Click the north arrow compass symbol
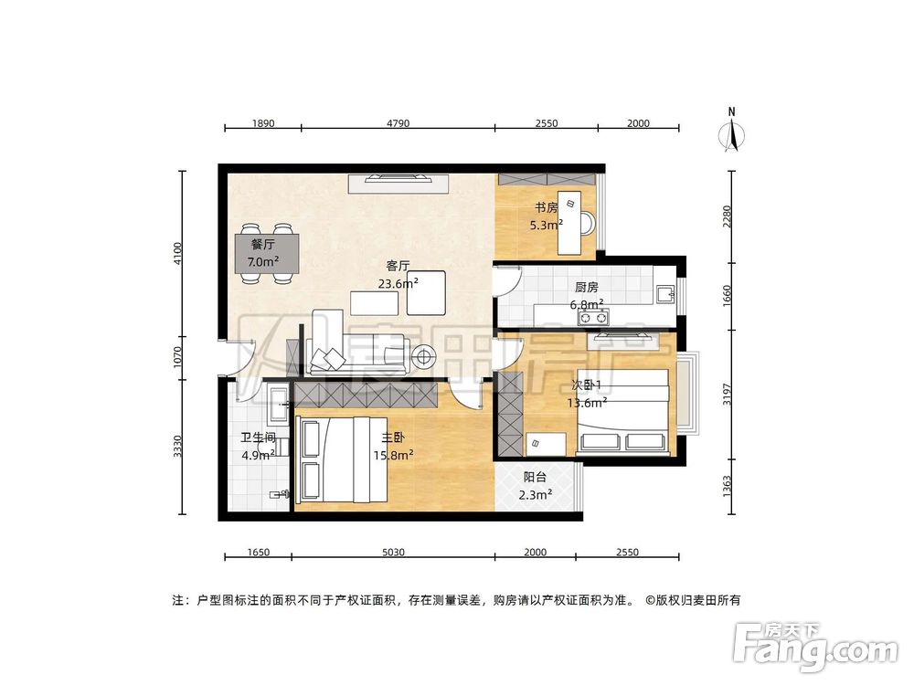tap(731, 130)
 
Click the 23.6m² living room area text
tap(398, 283)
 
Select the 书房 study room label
tap(547, 206)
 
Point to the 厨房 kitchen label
tap(587, 287)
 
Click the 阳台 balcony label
tap(536, 477)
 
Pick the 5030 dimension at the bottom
tap(393, 552)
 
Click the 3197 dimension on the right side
tap(728, 395)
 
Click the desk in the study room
tap(571, 223)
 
